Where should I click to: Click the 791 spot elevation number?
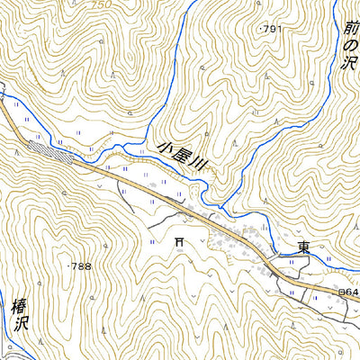click(274, 30)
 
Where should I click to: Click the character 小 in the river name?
click(165, 143)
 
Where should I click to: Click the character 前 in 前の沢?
click(350, 29)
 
